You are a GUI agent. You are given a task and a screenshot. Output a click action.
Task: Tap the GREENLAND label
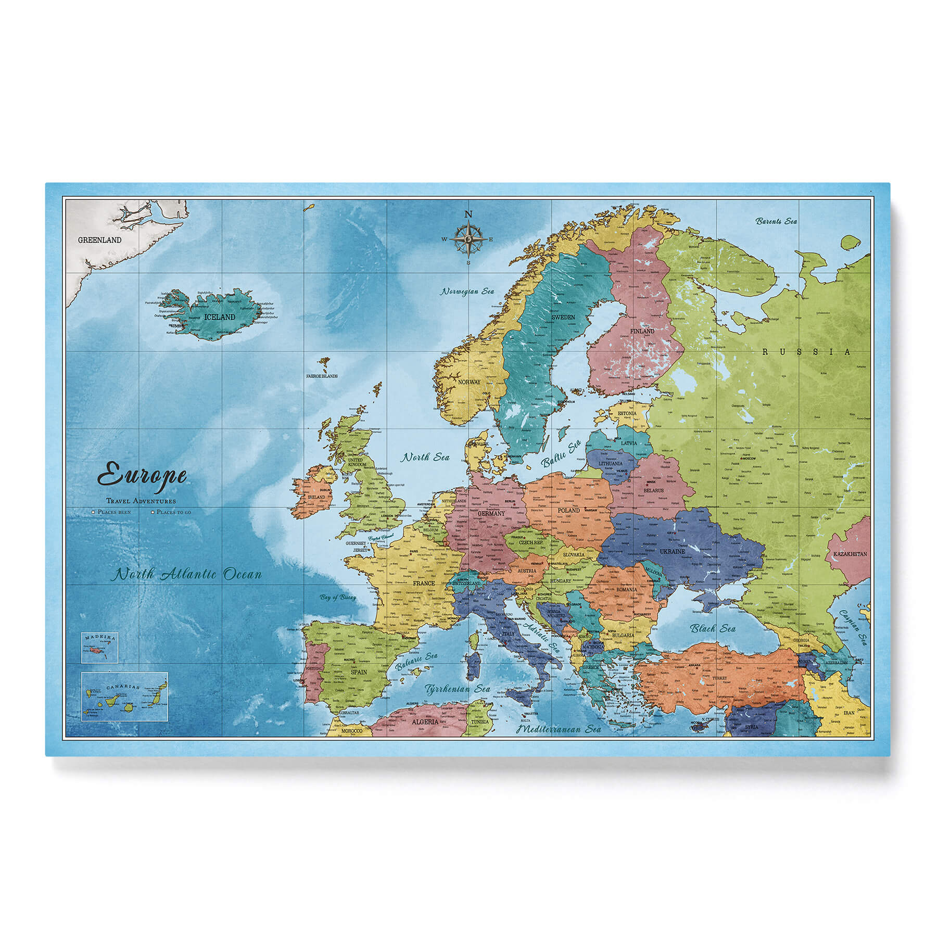(x=99, y=240)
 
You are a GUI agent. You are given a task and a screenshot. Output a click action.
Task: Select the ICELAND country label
(x=220, y=316)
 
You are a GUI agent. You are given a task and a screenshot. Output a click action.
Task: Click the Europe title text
(x=142, y=476)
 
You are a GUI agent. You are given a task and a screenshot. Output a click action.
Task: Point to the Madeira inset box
(x=99, y=648)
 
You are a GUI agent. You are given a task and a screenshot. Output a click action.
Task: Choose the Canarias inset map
(x=124, y=697)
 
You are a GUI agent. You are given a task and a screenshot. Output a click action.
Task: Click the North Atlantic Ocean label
(x=188, y=575)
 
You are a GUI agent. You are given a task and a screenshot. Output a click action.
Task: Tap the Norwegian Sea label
(x=467, y=292)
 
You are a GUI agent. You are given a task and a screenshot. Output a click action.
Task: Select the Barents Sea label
(x=776, y=221)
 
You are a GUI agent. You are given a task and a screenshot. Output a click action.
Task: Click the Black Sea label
(x=713, y=628)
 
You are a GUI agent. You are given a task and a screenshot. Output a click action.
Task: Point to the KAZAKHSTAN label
(x=850, y=554)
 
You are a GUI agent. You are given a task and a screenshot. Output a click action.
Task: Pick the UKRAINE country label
(x=673, y=551)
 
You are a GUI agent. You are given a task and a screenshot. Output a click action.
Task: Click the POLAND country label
(x=568, y=510)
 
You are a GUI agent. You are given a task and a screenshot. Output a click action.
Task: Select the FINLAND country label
(x=642, y=331)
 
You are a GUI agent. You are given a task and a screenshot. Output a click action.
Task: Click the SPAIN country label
(x=358, y=672)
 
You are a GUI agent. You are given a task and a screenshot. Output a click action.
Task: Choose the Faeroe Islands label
(x=322, y=376)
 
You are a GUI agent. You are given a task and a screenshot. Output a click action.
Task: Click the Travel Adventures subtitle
(x=141, y=501)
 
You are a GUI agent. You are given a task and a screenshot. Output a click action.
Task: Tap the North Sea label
(x=424, y=457)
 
